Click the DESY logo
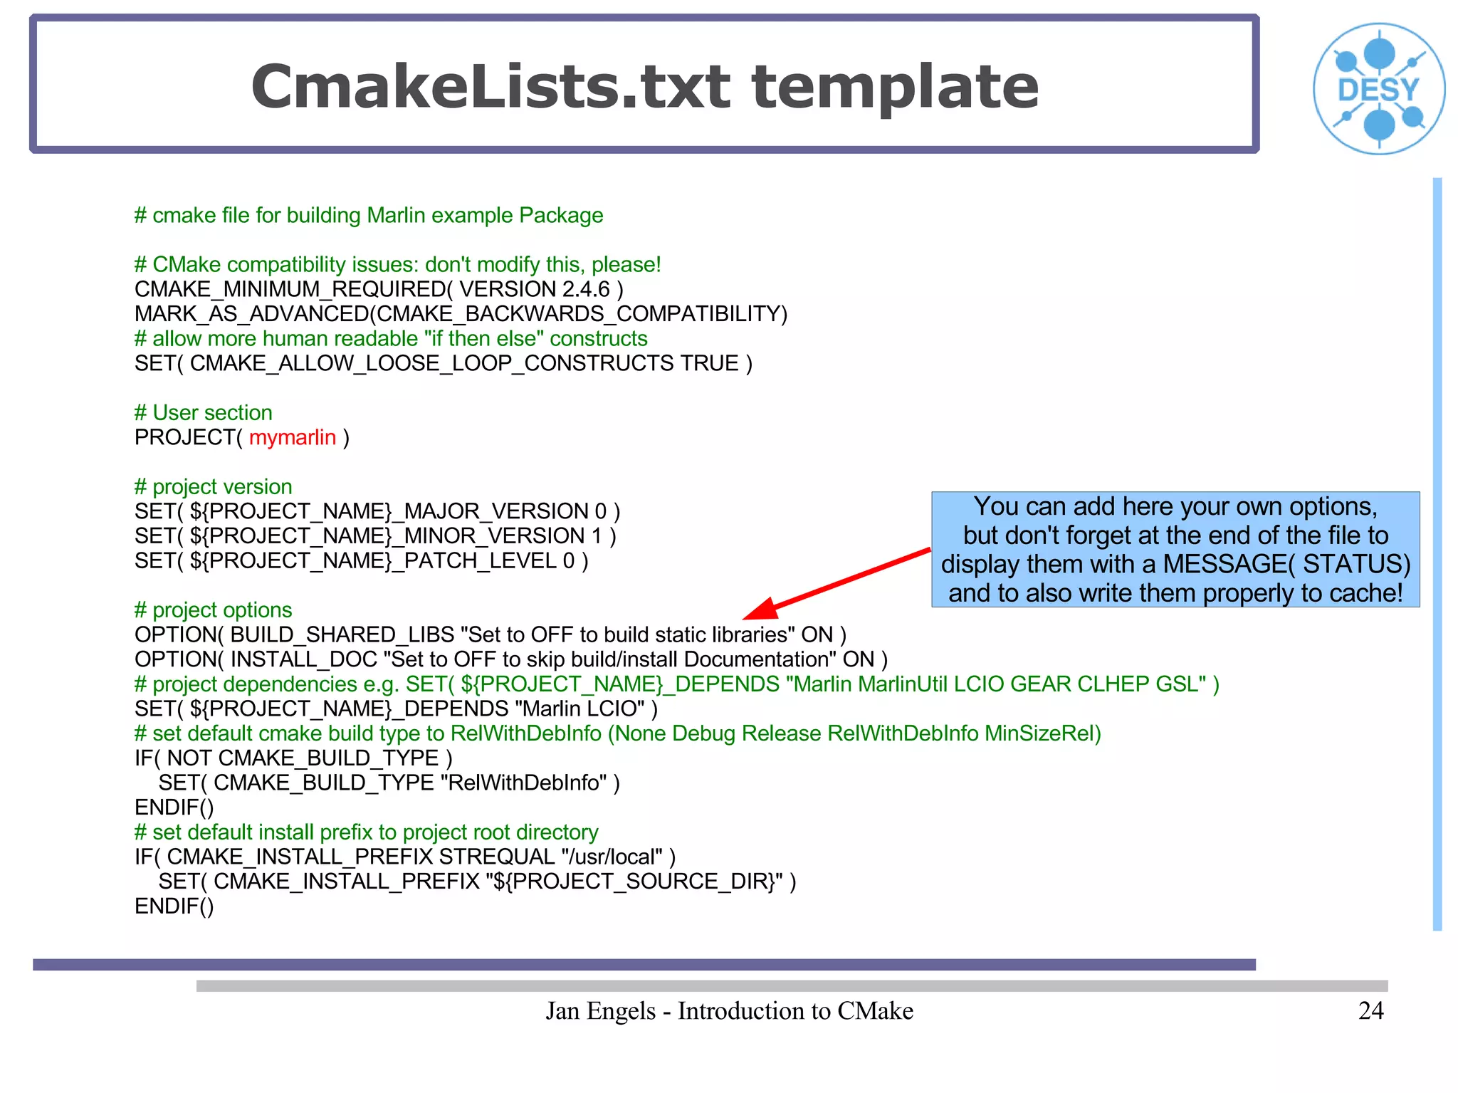[x=1379, y=88]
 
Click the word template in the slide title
[x=895, y=87]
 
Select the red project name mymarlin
[x=292, y=437]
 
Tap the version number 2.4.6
[x=586, y=289]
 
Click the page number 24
[x=1370, y=1010]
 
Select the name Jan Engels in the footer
[x=600, y=1011]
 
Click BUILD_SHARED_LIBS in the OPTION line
[x=342, y=634]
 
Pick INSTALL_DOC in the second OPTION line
[x=303, y=659]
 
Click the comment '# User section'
[x=204, y=412]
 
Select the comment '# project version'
[x=214, y=486]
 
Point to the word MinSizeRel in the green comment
[x=1042, y=733]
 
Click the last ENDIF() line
[x=174, y=906]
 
